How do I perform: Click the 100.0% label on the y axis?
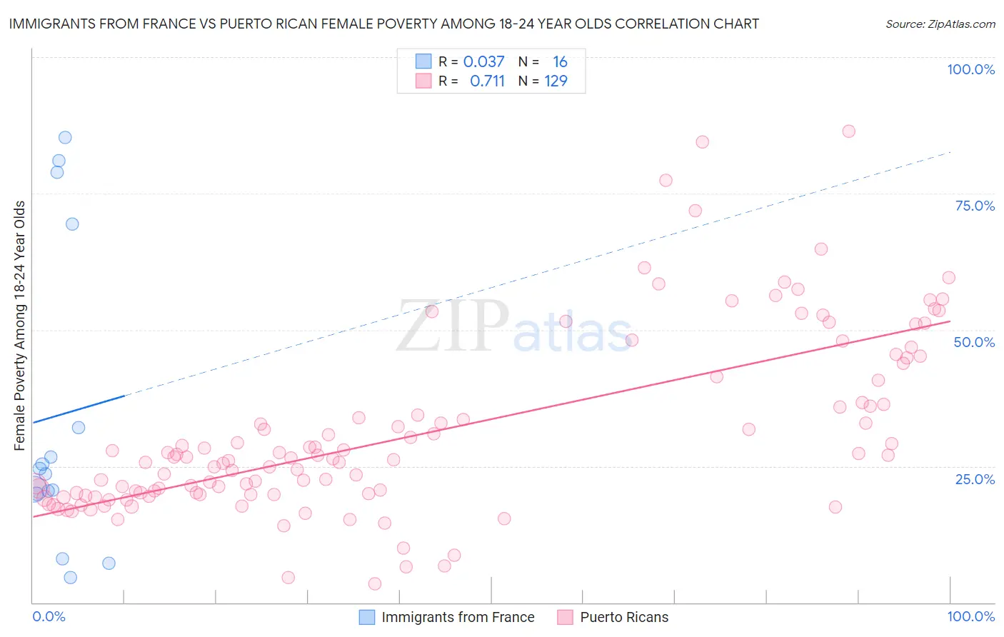(x=970, y=69)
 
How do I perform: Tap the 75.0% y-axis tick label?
(x=975, y=206)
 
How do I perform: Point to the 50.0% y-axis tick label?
(x=974, y=342)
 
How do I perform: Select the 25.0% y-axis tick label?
(x=975, y=478)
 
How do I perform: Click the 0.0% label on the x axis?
(x=49, y=616)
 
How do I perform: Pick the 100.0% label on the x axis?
(x=970, y=616)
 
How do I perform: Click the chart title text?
(x=383, y=24)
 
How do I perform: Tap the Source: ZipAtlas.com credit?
(x=940, y=24)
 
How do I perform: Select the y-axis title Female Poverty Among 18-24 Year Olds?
(x=20, y=326)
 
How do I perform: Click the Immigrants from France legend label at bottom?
(x=458, y=617)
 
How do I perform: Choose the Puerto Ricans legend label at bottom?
(x=624, y=617)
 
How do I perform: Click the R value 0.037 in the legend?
(x=483, y=61)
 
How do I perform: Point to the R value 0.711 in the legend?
(x=487, y=81)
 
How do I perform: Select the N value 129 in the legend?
(x=556, y=81)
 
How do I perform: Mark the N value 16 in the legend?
(x=560, y=61)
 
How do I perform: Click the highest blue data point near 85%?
(x=65, y=137)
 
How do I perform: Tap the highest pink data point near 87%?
(x=848, y=131)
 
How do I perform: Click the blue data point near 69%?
(x=72, y=224)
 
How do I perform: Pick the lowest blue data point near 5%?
(x=70, y=577)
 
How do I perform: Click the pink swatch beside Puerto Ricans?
(x=566, y=617)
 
